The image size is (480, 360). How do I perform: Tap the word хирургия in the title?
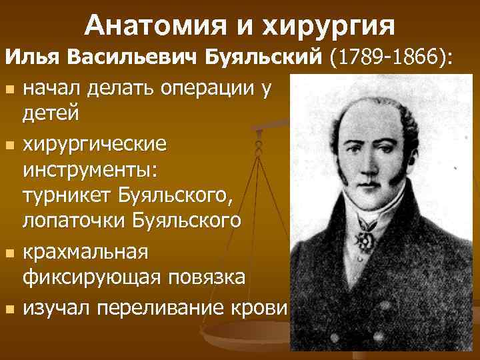pos(329,27)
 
